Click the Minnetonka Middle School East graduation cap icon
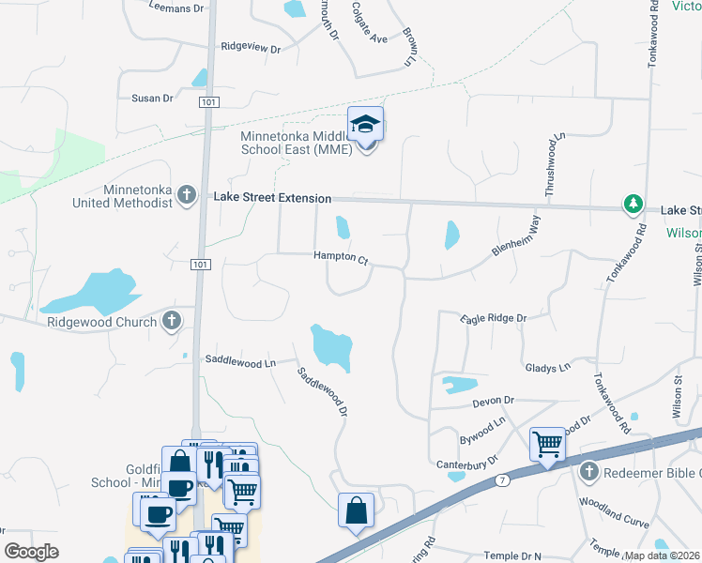pyautogui.click(x=366, y=125)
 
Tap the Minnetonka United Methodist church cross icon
pyautogui.click(x=186, y=195)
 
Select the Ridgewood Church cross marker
pyautogui.click(x=171, y=322)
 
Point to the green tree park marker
pyautogui.click(x=634, y=204)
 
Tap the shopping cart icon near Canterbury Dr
pyautogui.click(x=547, y=444)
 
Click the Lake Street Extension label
pyautogui.click(x=272, y=198)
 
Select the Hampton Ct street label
pyautogui.click(x=340, y=256)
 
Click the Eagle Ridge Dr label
pyautogui.click(x=494, y=319)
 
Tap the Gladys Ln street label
pyautogui.click(x=548, y=369)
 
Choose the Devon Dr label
pyautogui.click(x=495, y=401)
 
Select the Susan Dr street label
pyautogui.click(x=152, y=98)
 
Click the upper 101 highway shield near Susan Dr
pyautogui.click(x=207, y=101)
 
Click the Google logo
pyautogui.click(x=32, y=552)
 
